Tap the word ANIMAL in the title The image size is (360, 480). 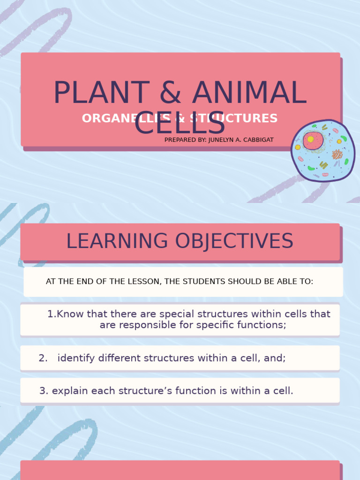pyautogui.click(x=249, y=93)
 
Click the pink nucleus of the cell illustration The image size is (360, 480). pyautogui.click(x=313, y=140)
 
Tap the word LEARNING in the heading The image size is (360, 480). pyautogui.click(x=117, y=241)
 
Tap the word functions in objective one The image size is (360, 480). pyautogui.click(x=260, y=325)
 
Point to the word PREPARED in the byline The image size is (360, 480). pyautogui.click(x=180, y=140)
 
